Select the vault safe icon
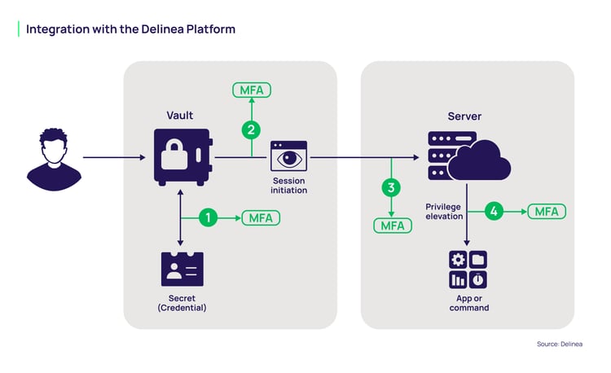tap(182, 156)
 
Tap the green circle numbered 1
tap(209, 217)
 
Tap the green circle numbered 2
tap(252, 128)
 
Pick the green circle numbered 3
tap(392, 187)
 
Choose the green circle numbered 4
tap(493, 211)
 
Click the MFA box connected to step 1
tap(260, 217)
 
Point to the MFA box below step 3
tap(392, 226)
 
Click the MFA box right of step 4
tap(546, 211)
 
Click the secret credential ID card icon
tap(182, 269)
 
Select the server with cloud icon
tap(468, 156)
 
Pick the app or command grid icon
tap(468, 270)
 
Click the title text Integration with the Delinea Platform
tap(130, 29)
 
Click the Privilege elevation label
tap(444, 212)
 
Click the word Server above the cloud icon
tap(464, 116)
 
